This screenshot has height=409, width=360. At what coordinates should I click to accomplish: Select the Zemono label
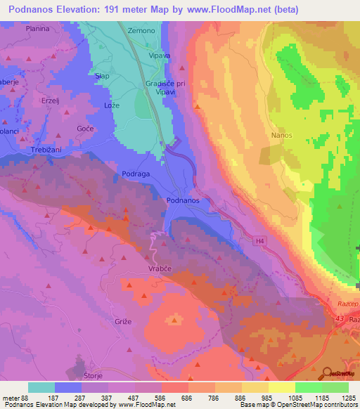(141, 31)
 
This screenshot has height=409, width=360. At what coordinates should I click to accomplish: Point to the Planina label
(37, 29)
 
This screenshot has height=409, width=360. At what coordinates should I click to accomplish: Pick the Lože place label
(112, 105)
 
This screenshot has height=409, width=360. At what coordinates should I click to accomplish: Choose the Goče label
(85, 129)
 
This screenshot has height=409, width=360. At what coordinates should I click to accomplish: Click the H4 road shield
(260, 241)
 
